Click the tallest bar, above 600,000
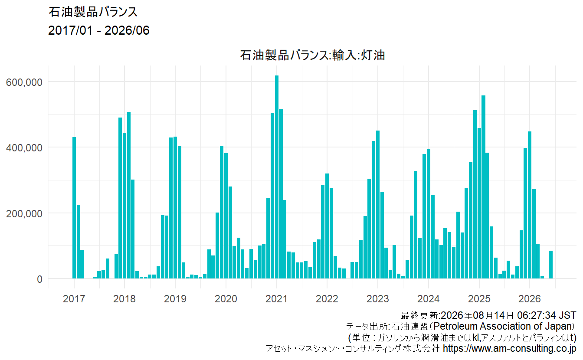(277, 177)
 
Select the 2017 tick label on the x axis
(74, 299)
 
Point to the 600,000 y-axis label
(24, 82)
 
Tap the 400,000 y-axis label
(24, 148)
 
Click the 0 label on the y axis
(39, 279)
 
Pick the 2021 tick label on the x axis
(276, 299)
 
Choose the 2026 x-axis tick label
(529, 299)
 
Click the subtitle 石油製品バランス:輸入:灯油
(312, 55)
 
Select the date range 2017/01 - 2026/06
(98, 30)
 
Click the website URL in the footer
(510, 348)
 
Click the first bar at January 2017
(74, 208)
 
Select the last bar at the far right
(550, 265)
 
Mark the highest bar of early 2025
(483, 187)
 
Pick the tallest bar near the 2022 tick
(327, 226)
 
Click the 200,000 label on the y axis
(24, 214)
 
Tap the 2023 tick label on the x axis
(378, 299)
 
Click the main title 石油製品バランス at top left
(93, 12)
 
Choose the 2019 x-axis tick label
(175, 299)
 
